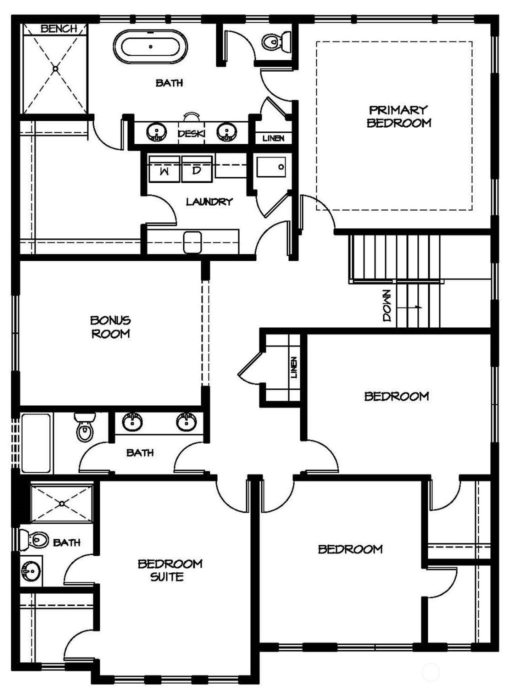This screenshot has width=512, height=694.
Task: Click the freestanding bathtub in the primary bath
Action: point(151,47)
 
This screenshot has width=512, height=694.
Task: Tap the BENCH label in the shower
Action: point(59,28)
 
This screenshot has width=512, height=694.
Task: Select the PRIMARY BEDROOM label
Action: point(398,116)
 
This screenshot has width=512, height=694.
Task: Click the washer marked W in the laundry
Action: point(163,171)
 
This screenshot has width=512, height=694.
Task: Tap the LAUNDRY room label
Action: point(209,202)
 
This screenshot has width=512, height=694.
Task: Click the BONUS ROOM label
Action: point(110,326)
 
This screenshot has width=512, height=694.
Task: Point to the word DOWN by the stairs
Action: point(387,305)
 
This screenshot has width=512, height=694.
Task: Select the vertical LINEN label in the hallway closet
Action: point(293,367)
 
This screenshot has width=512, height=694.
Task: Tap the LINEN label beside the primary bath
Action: point(273,138)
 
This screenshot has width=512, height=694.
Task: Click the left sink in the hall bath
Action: point(132,422)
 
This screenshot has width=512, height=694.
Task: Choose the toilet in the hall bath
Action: point(84,427)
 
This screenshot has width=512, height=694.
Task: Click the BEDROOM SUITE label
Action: point(170,570)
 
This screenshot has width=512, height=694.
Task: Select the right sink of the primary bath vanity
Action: point(226,132)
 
